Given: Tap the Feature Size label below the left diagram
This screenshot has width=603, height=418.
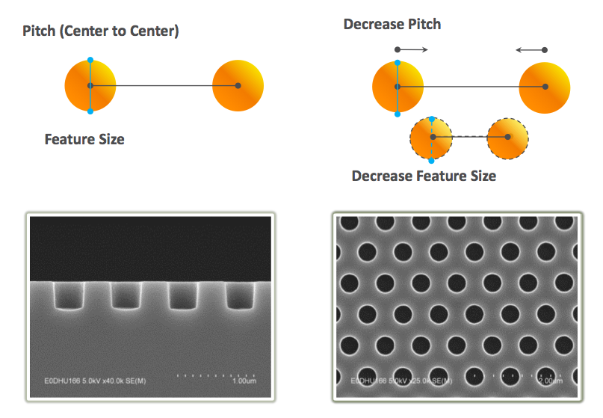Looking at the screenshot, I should (x=84, y=139).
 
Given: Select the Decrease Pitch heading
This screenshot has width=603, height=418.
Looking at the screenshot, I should (x=392, y=24).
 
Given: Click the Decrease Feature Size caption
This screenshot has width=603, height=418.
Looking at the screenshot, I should (x=424, y=176).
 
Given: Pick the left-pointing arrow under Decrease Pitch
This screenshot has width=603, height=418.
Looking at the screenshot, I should (x=531, y=50).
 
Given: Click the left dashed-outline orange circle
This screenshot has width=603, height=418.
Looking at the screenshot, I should (x=431, y=137).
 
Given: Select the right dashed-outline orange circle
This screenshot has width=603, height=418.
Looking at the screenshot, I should (x=508, y=137).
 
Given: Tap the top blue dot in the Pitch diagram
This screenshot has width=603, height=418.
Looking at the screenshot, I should (x=90, y=60).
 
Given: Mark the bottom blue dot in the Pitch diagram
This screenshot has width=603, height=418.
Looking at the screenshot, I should (x=90, y=111).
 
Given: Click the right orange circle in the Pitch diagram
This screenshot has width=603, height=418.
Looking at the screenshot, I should (x=238, y=86).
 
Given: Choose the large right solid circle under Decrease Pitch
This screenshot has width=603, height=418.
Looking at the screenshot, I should (x=545, y=87).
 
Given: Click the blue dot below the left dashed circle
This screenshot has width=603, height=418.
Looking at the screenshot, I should (x=431, y=161).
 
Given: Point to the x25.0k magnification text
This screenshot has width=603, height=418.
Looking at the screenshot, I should (x=415, y=381).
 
